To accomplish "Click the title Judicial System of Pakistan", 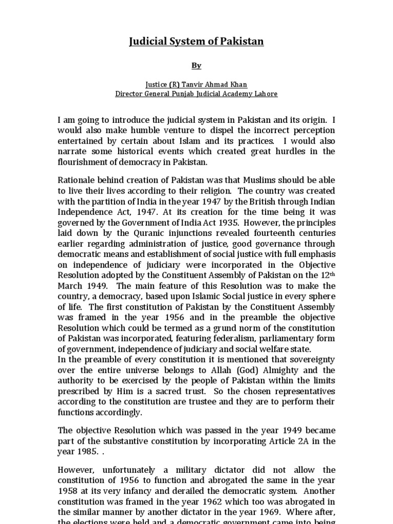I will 196,41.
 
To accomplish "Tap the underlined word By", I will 196,65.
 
